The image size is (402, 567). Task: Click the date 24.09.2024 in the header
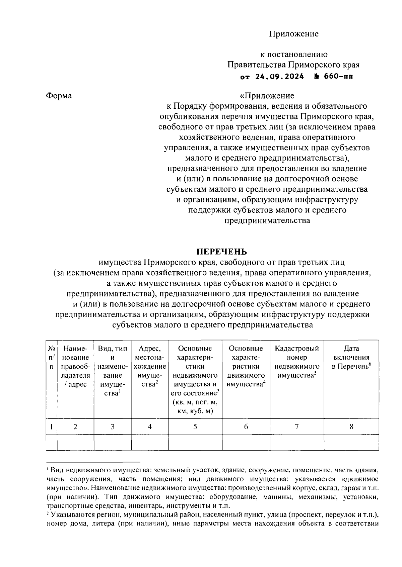pos(279,77)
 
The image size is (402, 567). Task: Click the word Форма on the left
pos(59,96)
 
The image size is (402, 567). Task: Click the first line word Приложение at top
pos(294,34)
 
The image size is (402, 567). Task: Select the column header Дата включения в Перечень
pos(351,358)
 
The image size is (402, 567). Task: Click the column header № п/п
pos(52,358)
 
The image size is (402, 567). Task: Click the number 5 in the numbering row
pos(195,427)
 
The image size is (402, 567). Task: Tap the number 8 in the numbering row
pos(351,427)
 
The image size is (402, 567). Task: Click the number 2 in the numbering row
pos(75,427)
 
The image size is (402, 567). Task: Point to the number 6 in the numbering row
pos(246,427)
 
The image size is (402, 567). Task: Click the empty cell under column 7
pos(297,443)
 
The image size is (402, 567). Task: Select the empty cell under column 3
pos(113,443)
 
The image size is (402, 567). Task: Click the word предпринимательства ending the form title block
pos(267,221)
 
